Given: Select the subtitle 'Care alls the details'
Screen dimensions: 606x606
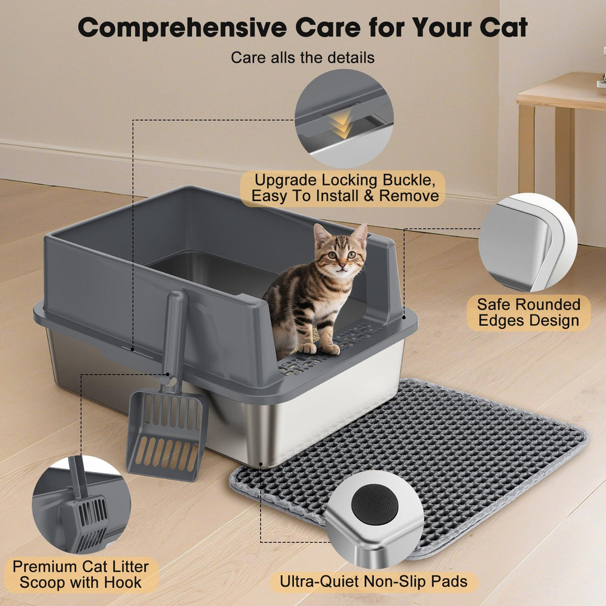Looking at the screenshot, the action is [x=302, y=58].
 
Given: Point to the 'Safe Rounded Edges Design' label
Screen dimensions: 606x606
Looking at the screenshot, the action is [x=528, y=312].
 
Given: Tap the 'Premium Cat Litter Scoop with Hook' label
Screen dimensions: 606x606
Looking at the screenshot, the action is [x=81, y=574].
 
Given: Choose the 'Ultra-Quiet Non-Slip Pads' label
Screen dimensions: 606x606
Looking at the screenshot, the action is [x=373, y=582].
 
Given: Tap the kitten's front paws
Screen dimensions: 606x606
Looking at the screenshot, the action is [x=319, y=348].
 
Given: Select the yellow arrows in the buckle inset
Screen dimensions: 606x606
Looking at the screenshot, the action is [x=342, y=123].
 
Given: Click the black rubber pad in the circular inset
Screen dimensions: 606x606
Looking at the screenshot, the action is [x=375, y=504].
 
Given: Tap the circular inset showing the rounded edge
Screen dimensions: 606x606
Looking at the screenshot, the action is [x=528, y=243].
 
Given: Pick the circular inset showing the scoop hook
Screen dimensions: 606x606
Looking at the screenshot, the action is [x=81, y=505].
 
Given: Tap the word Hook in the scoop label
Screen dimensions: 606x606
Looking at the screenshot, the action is [x=123, y=583].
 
